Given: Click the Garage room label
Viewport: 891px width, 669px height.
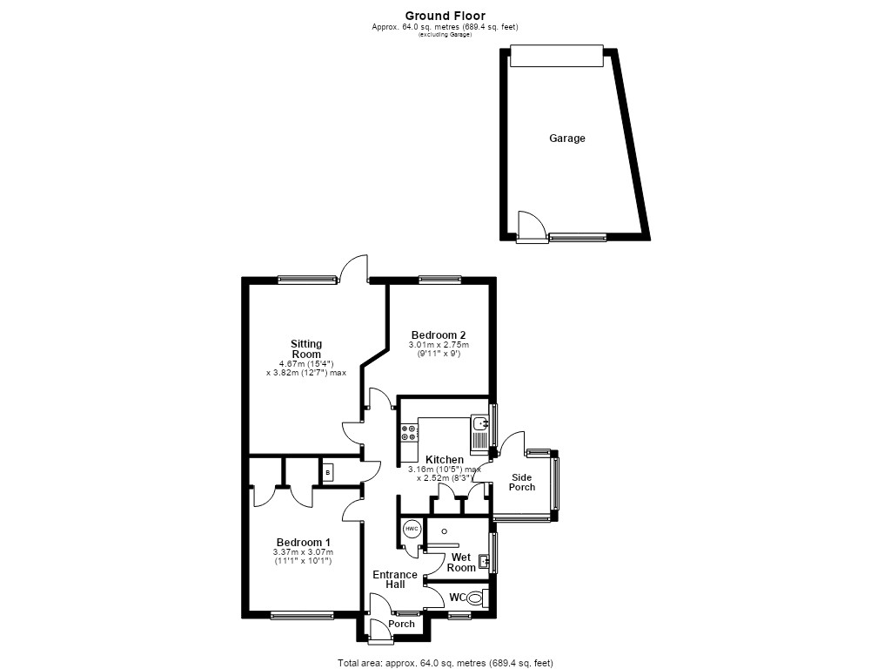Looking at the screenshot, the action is pyautogui.click(x=566, y=139).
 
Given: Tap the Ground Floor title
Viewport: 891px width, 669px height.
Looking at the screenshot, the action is pyautogui.click(x=445, y=16).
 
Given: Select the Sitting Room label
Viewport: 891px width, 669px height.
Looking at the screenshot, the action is pyautogui.click(x=306, y=348).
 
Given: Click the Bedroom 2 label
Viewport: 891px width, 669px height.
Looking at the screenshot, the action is pyautogui.click(x=439, y=335).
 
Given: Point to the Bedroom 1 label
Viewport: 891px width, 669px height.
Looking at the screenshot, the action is pyautogui.click(x=304, y=543).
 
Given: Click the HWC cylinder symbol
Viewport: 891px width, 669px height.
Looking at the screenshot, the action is pyautogui.click(x=412, y=529).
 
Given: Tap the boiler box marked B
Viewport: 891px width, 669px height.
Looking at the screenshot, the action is pyautogui.click(x=328, y=473).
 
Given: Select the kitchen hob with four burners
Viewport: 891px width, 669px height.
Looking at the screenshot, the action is pyautogui.click(x=409, y=432).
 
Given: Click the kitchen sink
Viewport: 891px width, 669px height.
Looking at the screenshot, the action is pyautogui.click(x=480, y=431).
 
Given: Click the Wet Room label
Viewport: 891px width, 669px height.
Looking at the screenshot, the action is pyautogui.click(x=461, y=563).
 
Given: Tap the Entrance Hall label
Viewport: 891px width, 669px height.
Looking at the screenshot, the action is pyautogui.click(x=395, y=579).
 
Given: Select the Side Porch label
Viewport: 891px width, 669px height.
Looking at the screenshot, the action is pyautogui.click(x=522, y=483).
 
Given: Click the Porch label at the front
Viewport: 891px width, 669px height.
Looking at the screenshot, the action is pyautogui.click(x=402, y=624).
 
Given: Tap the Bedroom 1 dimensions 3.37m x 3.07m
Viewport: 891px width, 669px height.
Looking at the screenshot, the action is pyautogui.click(x=304, y=552).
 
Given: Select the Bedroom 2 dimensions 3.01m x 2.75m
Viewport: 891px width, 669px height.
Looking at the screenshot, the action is pyautogui.click(x=439, y=345).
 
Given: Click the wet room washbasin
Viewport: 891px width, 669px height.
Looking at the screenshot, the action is pyautogui.click(x=484, y=562).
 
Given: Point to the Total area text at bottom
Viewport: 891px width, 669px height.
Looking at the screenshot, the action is pyautogui.click(x=445, y=663).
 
